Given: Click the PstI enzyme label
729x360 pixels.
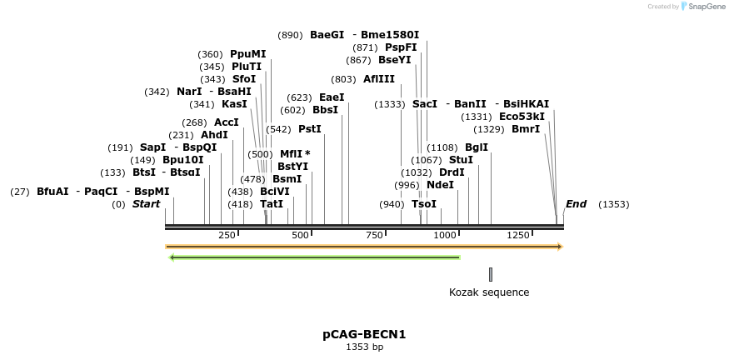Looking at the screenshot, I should tap(309, 129).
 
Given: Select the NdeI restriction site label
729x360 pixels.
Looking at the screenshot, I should tap(440, 185).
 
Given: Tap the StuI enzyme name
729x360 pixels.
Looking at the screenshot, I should tap(461, 160).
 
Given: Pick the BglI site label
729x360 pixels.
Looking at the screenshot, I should tap(477, 147).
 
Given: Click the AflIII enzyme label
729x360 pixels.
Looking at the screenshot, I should tap(379, 79).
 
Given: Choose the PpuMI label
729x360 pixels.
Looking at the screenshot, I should tap(247, 54).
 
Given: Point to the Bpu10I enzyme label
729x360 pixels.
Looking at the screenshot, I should tap(182, 160).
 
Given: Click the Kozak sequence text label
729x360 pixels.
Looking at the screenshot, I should tap(489, 292).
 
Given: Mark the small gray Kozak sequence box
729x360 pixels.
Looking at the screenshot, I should tap(491, 274).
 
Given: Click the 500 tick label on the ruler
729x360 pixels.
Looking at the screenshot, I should tap(300, 236).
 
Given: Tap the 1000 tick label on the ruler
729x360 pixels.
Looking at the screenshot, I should tap(445, 236).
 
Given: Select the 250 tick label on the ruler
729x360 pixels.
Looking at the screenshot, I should tap(227, 236).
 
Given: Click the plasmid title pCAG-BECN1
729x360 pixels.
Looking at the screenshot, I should tap(364, 334).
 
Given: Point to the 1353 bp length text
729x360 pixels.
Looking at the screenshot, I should tap(364, 347).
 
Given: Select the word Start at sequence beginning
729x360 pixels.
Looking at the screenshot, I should tap(146, 204).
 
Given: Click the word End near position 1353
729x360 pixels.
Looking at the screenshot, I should tap(576, 204).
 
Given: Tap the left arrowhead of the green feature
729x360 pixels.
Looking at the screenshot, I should tap(172, 257).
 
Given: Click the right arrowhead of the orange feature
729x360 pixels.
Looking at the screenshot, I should tap(561, 247).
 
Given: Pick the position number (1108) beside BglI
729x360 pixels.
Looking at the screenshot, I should tap(442, 147).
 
